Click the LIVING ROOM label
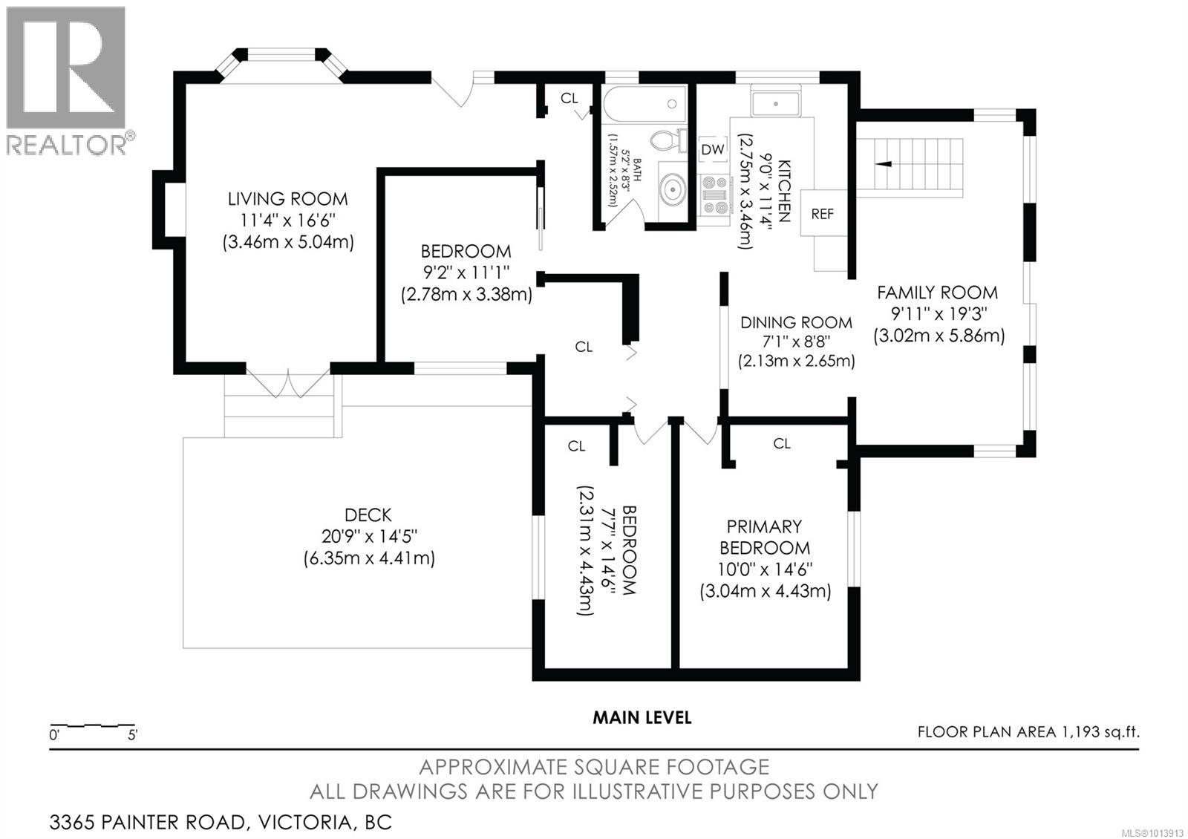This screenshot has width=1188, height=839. click(288, 200)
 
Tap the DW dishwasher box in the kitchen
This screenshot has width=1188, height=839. click(713, 149)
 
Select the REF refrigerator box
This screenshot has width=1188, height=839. click(823, 214)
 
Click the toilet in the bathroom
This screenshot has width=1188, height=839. click(668, 140)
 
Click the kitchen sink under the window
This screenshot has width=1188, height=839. click(775, 104)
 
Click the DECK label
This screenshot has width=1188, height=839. click(368, 515)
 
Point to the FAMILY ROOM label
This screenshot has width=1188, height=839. click(937, 293)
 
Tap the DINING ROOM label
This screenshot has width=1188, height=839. click(796, 322)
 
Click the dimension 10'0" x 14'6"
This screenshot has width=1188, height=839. click(765, 569)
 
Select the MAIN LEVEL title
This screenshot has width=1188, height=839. click(642, 717)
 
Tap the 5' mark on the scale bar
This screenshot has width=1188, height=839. click(132, 735)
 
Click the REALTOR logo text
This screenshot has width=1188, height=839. click(67, 144)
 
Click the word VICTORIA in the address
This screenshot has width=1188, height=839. click(304, 822)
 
